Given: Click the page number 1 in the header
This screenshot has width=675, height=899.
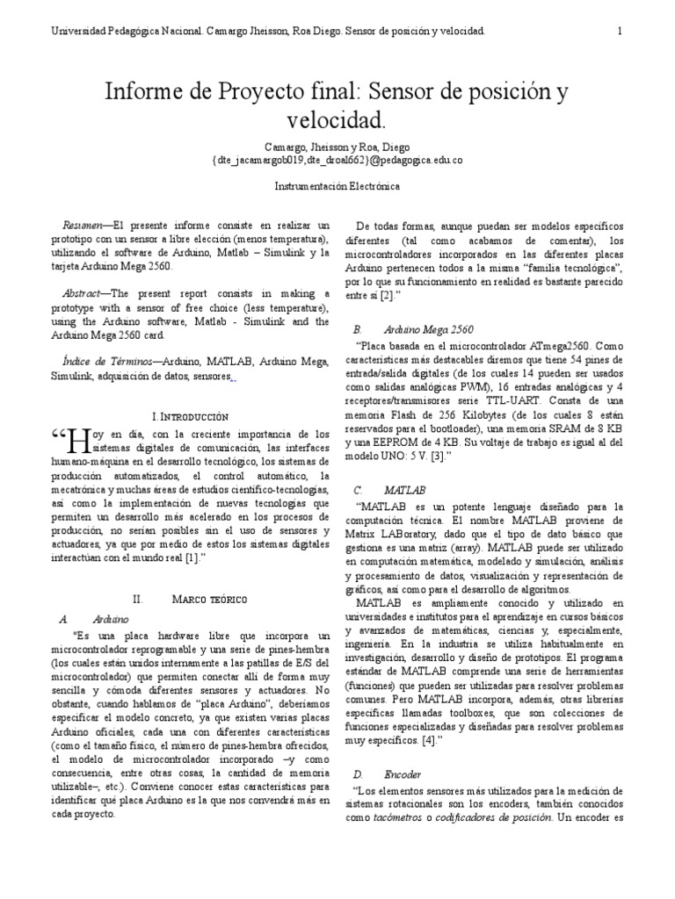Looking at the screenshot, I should (621, 32).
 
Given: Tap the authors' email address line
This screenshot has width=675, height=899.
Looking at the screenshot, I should (337, 161).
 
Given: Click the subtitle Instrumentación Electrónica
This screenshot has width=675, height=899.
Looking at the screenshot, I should (337, 186).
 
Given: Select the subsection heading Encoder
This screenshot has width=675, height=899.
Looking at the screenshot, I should (403, 775).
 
